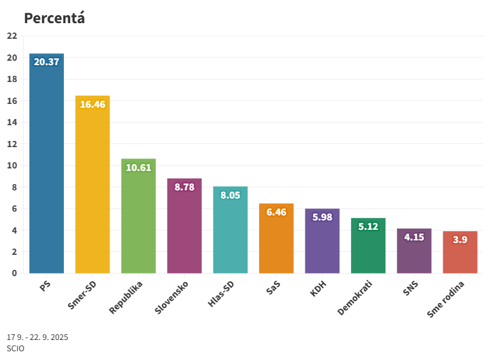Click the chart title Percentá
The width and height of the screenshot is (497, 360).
tap(54, 18)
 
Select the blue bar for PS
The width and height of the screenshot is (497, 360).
tap(46, 169)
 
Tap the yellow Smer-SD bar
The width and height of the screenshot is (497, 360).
tap(93, 188)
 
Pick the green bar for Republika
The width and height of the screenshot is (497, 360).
tap(138, 219)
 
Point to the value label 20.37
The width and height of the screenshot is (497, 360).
tap(46, 61)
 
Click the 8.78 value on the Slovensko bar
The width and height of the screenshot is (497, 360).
tap(184, 187)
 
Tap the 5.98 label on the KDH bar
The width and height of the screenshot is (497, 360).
tap(322, 217)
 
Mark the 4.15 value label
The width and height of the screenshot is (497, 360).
tap(414, 237)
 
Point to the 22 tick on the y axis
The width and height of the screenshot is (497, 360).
tap(12, 36)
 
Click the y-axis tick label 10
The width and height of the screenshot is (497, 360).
tap(12, 165)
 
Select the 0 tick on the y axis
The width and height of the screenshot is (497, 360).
tap(14, 273)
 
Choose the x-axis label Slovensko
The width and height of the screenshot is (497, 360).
tap(171, 298)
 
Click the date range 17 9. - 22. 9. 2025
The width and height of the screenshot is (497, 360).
tap(38, 337)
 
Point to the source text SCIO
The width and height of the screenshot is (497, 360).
tap(16, 348)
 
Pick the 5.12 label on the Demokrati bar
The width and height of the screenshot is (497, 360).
tap(368, 227)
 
